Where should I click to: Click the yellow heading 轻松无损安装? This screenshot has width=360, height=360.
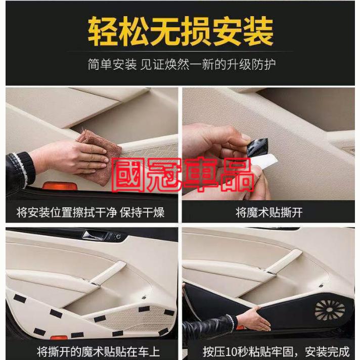pos(181,31)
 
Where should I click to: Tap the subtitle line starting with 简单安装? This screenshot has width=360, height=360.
pos(182,64)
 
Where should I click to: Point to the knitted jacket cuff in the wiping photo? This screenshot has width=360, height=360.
pos(21,167)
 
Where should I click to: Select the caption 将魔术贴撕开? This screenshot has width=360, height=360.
pos(269,212)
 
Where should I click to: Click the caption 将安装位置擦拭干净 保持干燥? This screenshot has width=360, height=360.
pos(91,212)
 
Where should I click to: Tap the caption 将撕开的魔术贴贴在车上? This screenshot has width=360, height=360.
pos(98,351)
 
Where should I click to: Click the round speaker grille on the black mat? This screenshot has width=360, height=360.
pos(330,310)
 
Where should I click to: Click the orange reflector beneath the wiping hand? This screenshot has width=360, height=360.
pos(60,186)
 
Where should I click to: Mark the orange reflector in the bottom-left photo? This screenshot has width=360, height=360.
pos(59,338)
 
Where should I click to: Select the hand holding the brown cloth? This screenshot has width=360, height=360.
pos(69,158)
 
